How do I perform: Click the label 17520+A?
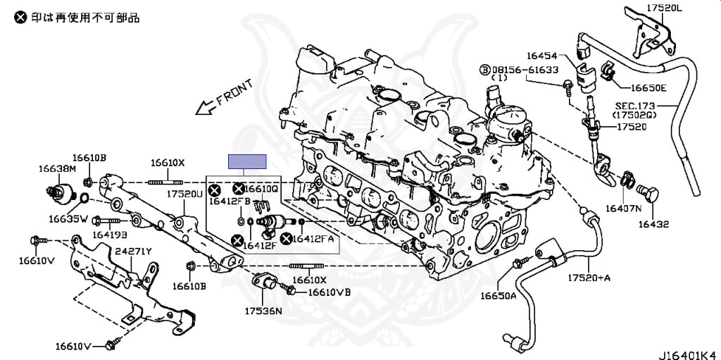(589, 278)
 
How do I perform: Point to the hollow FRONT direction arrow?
(205, 107)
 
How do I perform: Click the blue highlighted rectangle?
(248, 162)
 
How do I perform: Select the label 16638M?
(56, 168)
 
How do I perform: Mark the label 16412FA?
(313, 239)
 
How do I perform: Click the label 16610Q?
(262, 189)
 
